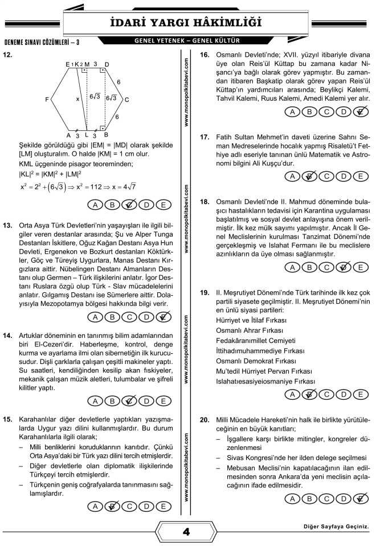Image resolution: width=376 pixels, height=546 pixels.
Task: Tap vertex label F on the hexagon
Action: point(46,100)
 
